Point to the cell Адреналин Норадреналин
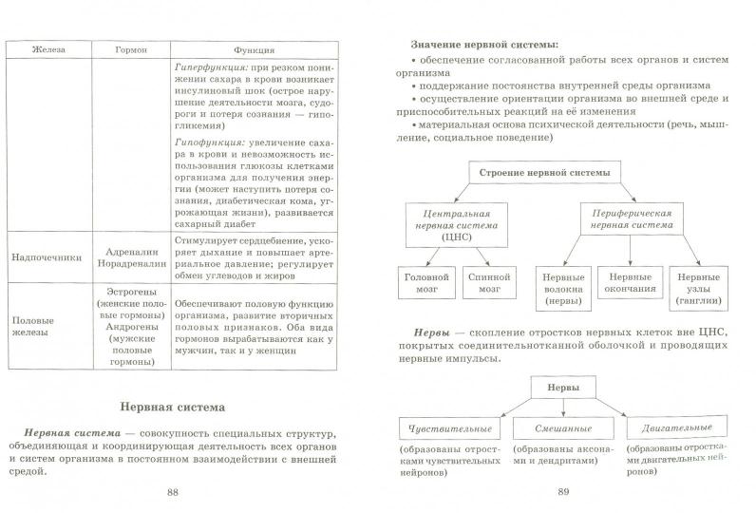(131, 256)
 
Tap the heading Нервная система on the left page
(172, 408)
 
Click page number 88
(172, 492)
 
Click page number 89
(562, 492)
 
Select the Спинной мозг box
(483, 282)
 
